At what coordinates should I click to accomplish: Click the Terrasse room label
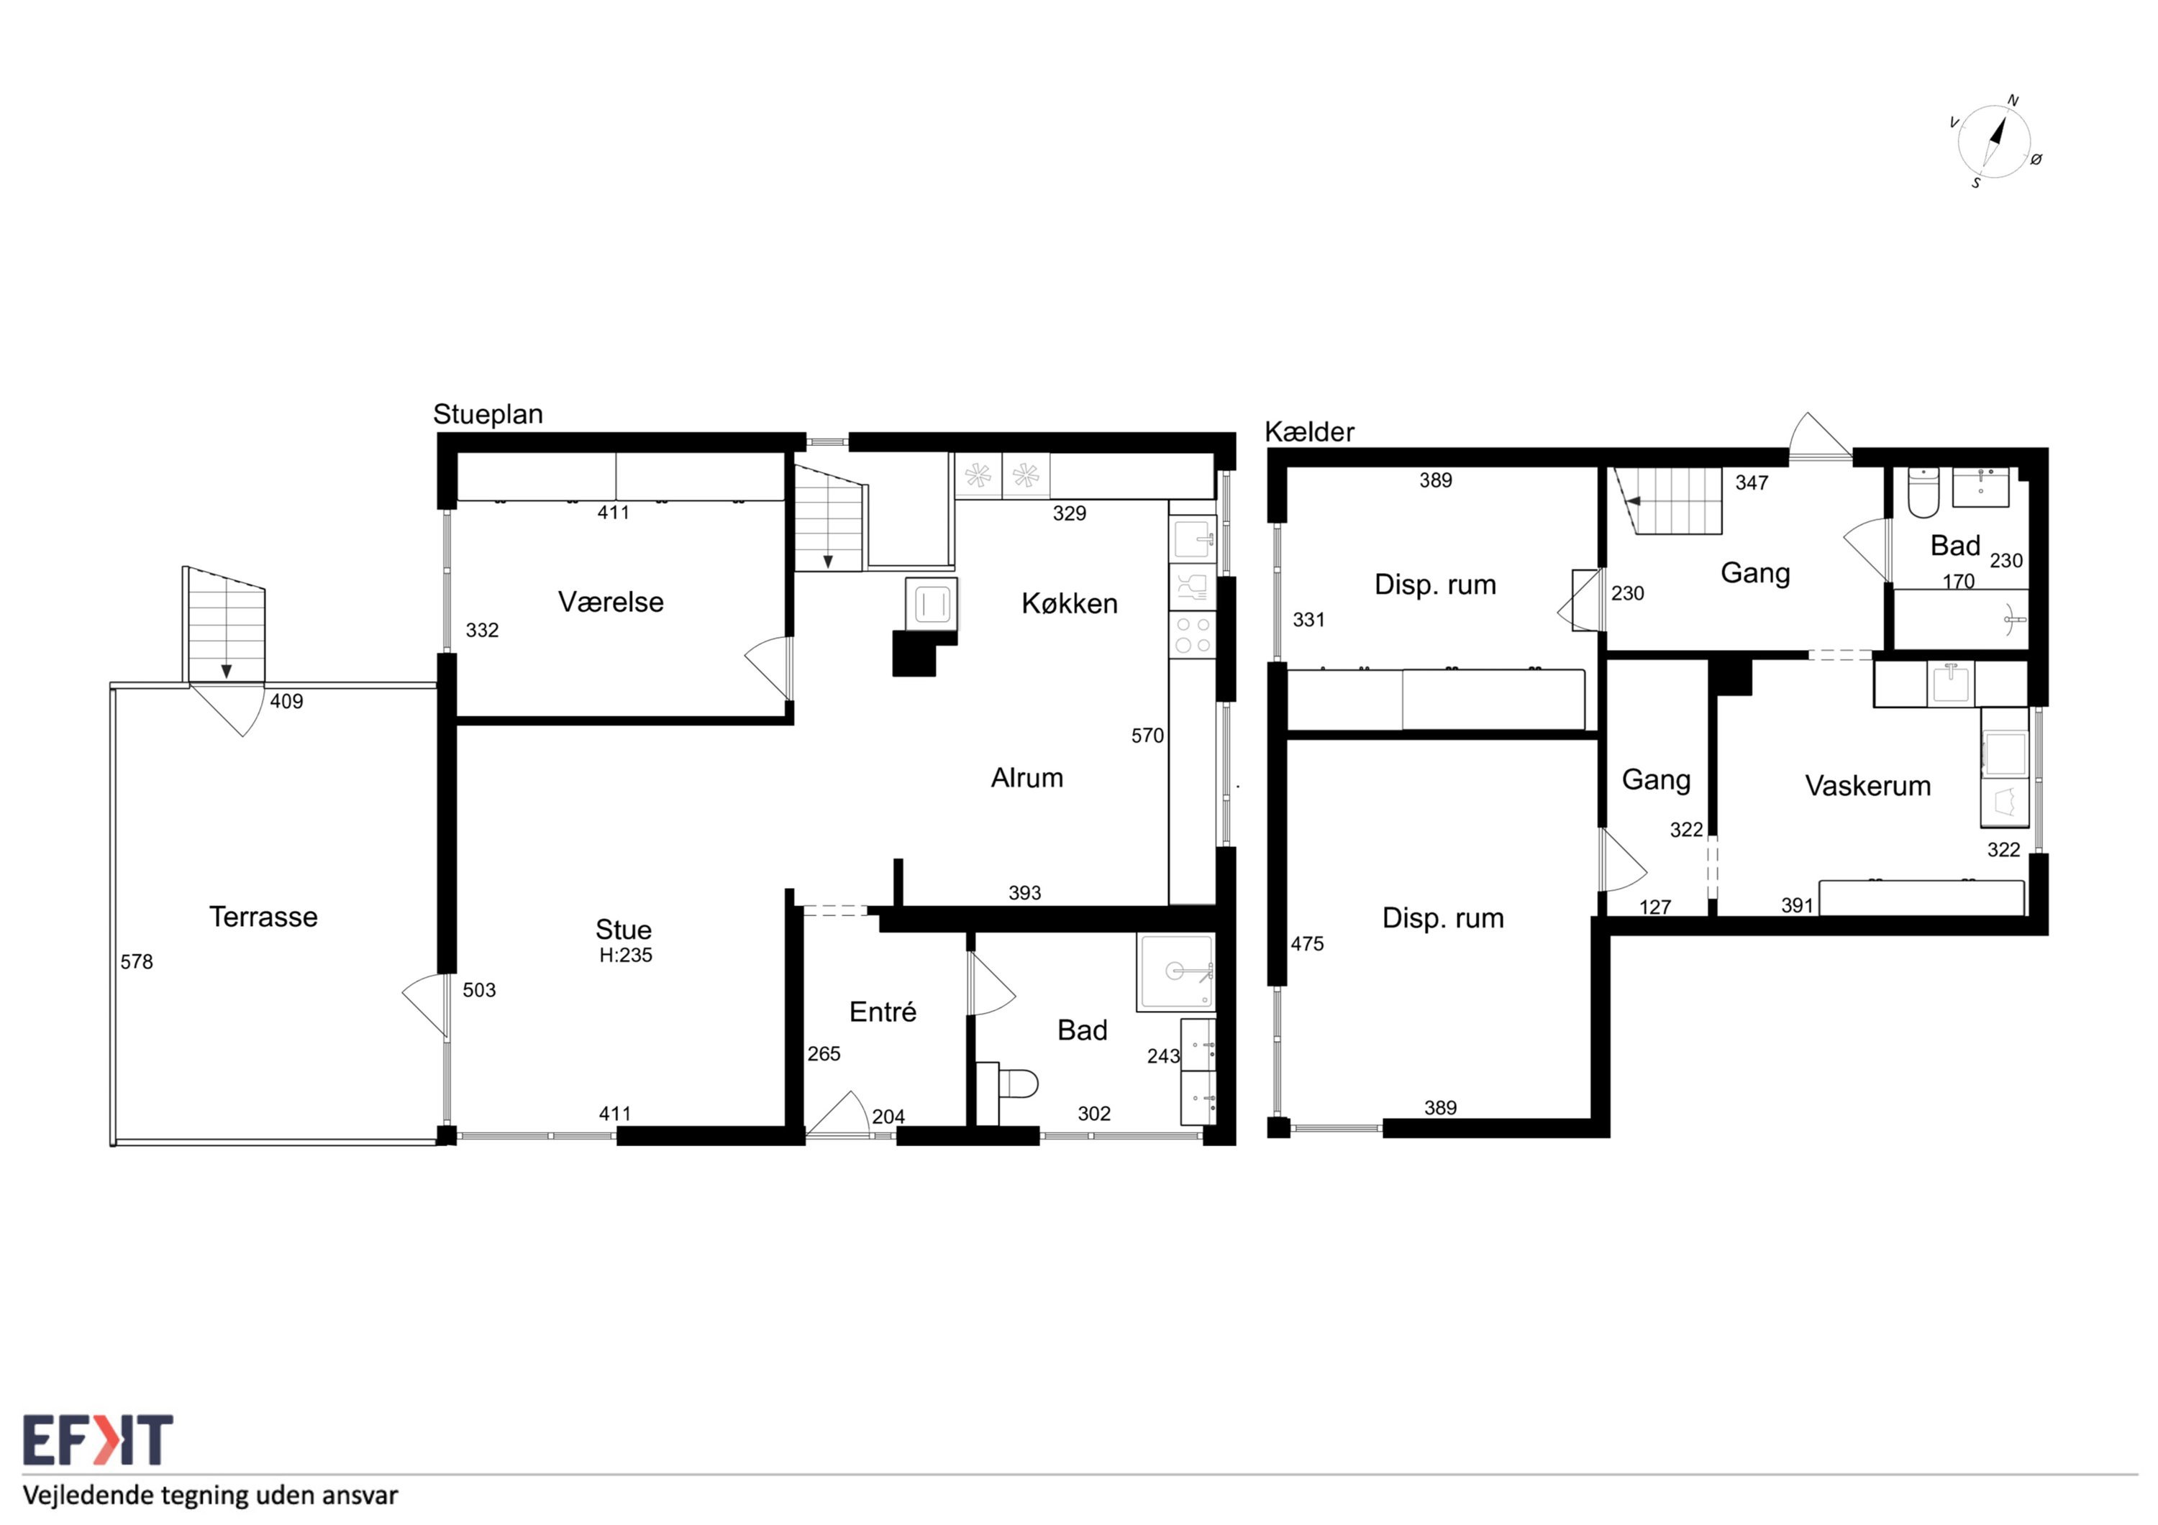(263, 916)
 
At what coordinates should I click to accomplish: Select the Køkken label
(1070, 603)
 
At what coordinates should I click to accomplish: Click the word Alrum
(1027, 777)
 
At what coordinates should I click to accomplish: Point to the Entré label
(883, 1011)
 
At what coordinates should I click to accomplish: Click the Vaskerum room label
(1867, 786)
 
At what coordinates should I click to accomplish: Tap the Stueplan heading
(488, 414)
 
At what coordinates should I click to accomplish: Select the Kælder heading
(1309, 432)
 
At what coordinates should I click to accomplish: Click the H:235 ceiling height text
(626, 955)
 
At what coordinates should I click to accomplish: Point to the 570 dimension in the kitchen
(1147, 736)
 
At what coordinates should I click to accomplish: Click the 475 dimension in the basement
(1308, 943)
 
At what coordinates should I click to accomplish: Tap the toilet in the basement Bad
(1923, 493)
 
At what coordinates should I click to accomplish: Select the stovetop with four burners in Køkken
(1193, 634)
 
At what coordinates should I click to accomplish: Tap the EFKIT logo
(98, 1440)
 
